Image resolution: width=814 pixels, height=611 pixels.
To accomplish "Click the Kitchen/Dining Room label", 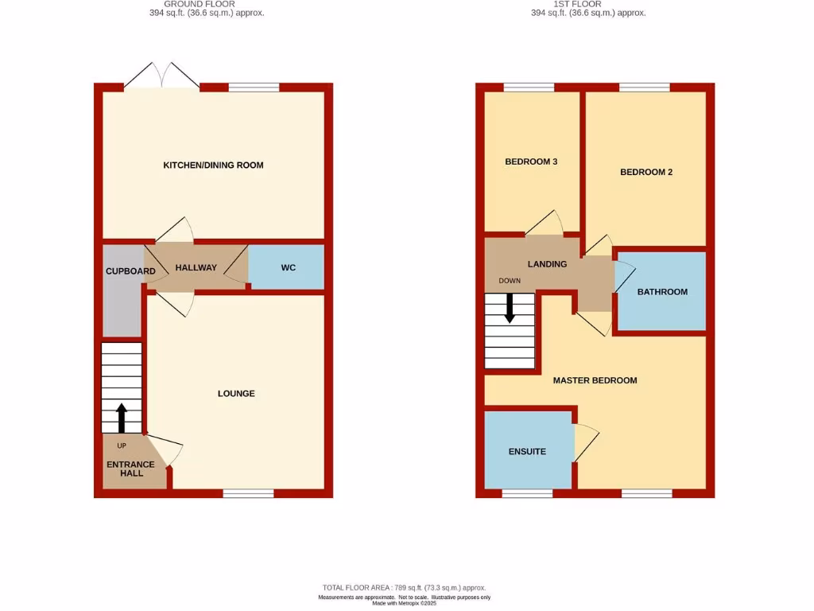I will point(213,165).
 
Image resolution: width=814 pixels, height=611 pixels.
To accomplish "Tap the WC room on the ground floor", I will point(288,268).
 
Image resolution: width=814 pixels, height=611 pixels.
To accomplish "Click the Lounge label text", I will point(237,394).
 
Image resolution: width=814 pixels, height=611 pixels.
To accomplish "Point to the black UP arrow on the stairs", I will point(122,417).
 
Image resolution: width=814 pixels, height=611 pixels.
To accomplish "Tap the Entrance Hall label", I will point(131,469).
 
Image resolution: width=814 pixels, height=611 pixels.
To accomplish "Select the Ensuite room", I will point(527,451).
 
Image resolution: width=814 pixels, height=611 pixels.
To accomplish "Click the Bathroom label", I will point(662,292).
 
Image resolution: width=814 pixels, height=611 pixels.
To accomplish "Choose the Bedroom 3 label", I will point(531,162).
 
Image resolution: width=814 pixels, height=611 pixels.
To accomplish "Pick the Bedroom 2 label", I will point(646,172).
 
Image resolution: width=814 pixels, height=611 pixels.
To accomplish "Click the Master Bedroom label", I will point(595,380).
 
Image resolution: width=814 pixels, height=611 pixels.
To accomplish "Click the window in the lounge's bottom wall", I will point(248,493).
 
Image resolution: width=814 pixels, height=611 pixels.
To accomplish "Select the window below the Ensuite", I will point(527,493).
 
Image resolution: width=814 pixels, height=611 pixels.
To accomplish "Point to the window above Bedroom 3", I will point(529,88).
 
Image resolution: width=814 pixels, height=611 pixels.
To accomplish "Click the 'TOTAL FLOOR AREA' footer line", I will point(403,587).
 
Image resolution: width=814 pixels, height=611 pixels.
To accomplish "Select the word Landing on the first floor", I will point(547,264).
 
